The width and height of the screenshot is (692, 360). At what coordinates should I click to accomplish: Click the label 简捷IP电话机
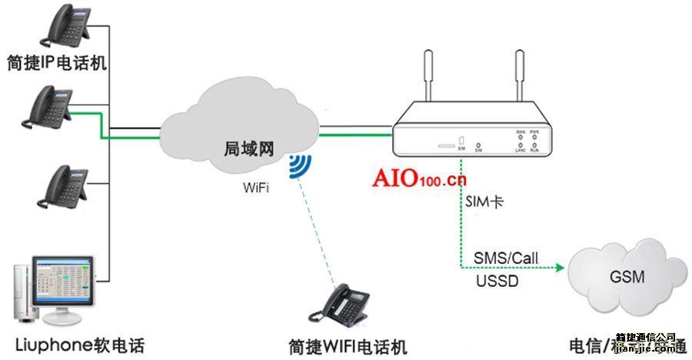click(x=55, y=62)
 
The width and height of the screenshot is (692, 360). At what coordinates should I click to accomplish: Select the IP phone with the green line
click(x=52, y=108)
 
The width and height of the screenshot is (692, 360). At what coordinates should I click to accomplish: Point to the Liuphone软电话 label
click(x=79, y=344)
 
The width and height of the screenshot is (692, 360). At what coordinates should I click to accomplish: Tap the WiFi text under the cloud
click(x=257, y=188)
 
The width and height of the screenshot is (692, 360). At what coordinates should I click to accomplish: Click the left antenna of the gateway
click(x=428, y=81)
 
